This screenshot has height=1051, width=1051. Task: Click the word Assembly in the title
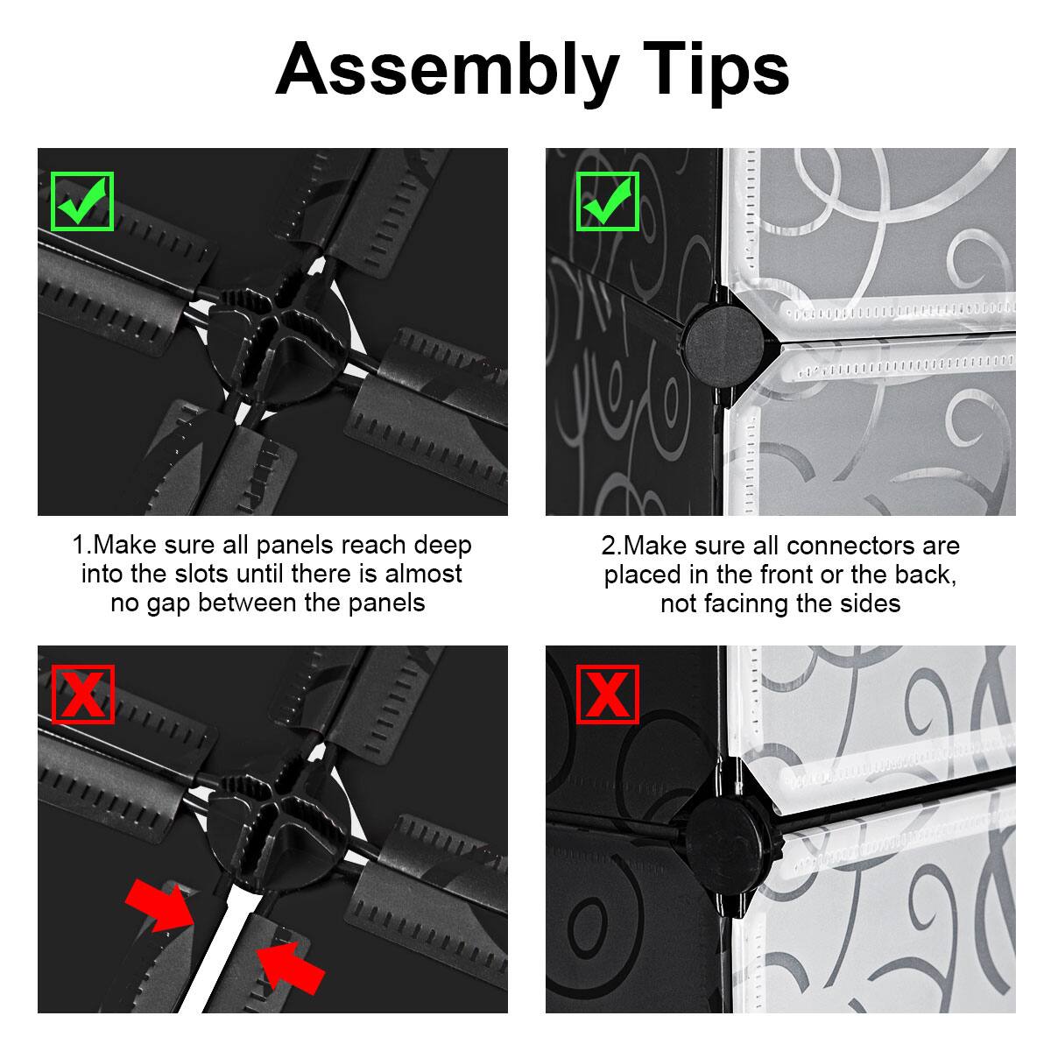coord(447,70)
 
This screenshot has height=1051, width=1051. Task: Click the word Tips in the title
coord(709,70)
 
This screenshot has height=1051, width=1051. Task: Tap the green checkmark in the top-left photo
coord(82,201)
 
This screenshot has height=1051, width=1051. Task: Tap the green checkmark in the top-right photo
coord(607,201)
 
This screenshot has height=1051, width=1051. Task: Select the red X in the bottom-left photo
coord(82,695)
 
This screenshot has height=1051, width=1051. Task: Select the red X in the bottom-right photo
coord(607,695)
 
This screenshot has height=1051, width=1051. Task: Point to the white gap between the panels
coord(219,946)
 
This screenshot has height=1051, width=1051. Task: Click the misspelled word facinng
coord(772,603)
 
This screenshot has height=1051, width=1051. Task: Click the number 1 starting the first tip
coord(78,546)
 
